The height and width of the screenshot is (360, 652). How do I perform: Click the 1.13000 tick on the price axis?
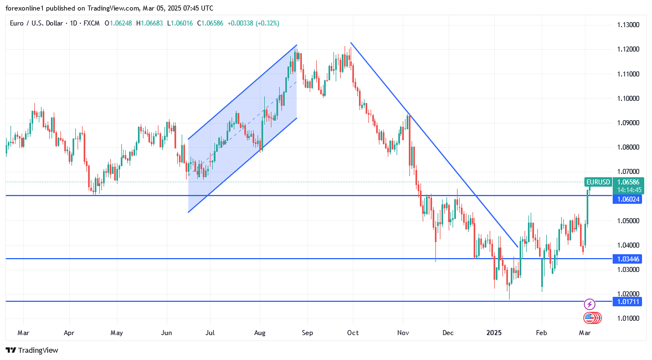tap(629, 25)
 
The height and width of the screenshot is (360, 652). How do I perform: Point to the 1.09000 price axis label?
tap(629, 123)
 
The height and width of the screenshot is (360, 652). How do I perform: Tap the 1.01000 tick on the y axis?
tap(629, 318)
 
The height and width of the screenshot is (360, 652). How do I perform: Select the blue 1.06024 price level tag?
tap(628, 199)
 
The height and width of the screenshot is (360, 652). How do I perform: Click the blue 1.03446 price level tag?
tap(628, 259)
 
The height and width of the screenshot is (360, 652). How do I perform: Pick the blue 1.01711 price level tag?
tap(628, 301)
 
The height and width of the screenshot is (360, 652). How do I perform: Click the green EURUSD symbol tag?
tap(598, 182)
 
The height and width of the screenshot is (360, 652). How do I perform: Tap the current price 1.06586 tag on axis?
tap(628, 182)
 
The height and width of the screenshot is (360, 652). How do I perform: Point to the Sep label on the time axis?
tap(307, 333)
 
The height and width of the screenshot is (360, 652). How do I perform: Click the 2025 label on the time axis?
tap(494, 333)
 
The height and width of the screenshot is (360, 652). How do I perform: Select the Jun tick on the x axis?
tap(166, 333)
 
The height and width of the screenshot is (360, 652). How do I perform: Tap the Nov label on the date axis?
tap(403, 333)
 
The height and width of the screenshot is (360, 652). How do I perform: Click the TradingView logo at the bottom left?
tap(32, 350)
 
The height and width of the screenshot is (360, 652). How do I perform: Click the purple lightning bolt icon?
tap(590, 304)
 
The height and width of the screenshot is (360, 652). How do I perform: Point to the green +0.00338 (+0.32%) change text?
tap(253, 23)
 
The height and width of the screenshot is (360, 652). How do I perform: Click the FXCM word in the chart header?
tap(90, 23)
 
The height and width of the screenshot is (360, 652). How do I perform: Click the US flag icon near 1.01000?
tap(590, 318)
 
